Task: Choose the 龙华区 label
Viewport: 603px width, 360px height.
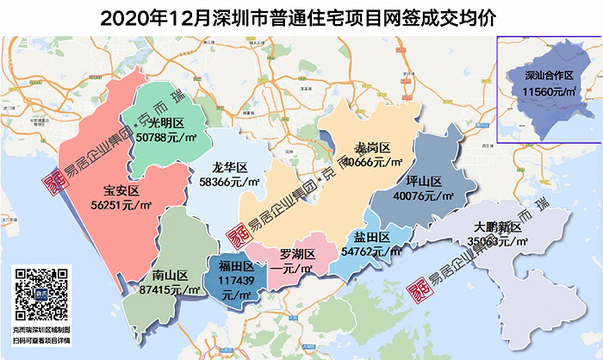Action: [230, 167]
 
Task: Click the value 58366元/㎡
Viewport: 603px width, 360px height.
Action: [230, 183]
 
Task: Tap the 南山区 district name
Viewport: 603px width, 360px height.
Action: [170, 276]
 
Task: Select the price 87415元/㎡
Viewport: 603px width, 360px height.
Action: [169, 291]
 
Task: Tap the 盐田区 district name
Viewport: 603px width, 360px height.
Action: [372, 238]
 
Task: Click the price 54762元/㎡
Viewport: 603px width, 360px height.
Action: [372, 252]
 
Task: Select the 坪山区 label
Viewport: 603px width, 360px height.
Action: [423, 182]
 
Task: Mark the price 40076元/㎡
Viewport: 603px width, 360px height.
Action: [423, 196]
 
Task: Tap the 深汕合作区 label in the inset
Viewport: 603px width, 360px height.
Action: [551, 75]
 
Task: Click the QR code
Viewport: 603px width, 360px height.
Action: [41, 295]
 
